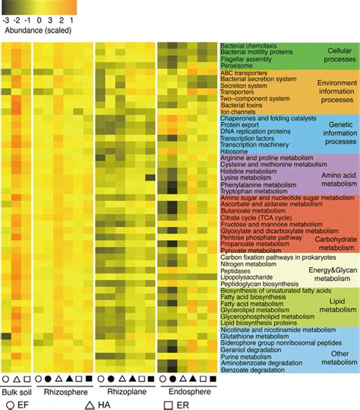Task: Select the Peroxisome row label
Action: pos(237,65)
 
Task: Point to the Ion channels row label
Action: pos(237,112)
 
